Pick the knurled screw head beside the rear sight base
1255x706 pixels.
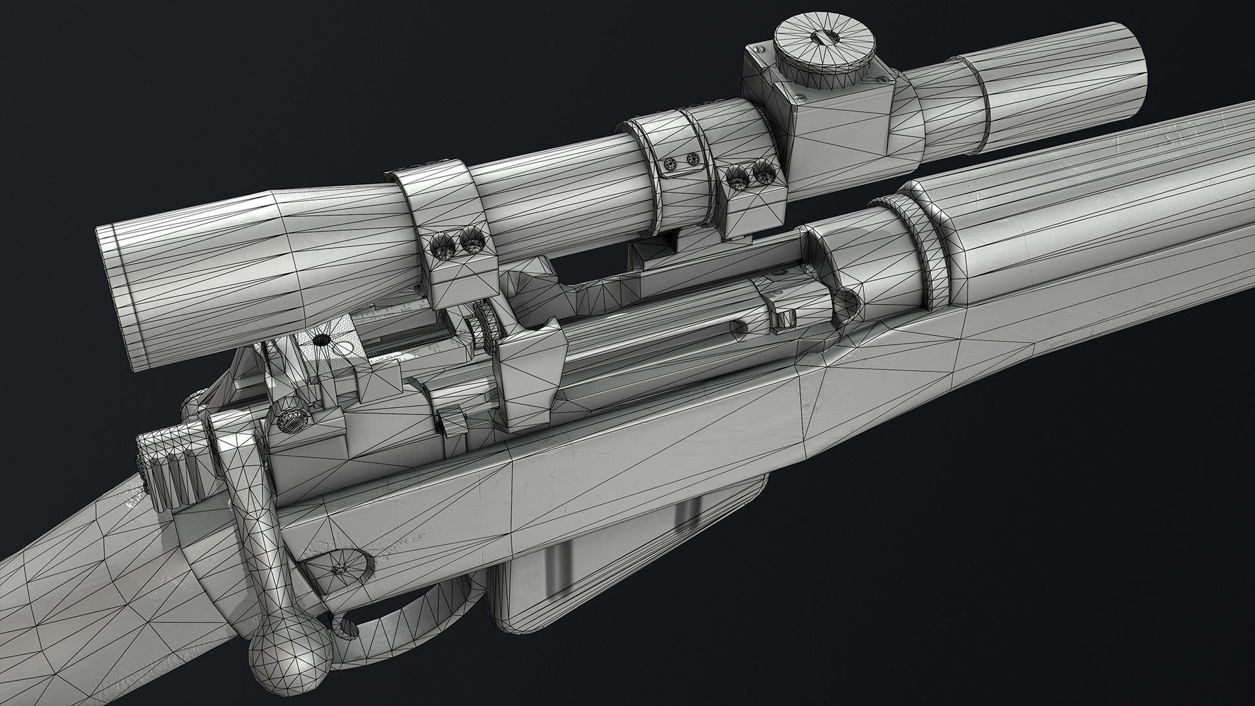point(290,421)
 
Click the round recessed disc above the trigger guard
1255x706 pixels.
point(339,569)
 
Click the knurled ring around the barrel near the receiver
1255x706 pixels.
point(931,248)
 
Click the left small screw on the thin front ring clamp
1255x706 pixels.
point(669,165)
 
